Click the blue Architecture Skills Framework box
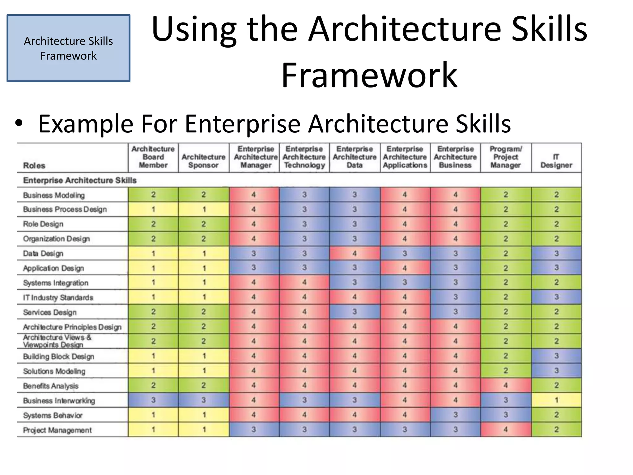coord(68,48)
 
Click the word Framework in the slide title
coord(369,75)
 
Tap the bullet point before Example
coord(19,124)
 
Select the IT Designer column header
coord(556,161)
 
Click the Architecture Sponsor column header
coord(203,161)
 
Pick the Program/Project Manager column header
coord(506,157)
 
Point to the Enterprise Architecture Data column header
coord(355,157)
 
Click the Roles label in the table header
coord(34,166)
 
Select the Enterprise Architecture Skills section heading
coord(80,180)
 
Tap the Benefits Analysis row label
coord(51,386)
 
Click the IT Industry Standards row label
coord(58,297)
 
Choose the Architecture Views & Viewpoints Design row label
coord(57,341)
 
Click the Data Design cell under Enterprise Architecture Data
coord(355,253)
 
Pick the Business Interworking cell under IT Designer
coord(556,400)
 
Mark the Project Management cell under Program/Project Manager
coord(506,430)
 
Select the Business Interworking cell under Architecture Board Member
coord(153,400)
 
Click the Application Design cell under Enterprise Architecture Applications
coord(405,268)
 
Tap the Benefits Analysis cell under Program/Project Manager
coord(506,385)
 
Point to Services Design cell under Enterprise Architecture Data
coord(355,312)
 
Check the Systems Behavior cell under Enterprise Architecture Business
coord(455,415)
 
